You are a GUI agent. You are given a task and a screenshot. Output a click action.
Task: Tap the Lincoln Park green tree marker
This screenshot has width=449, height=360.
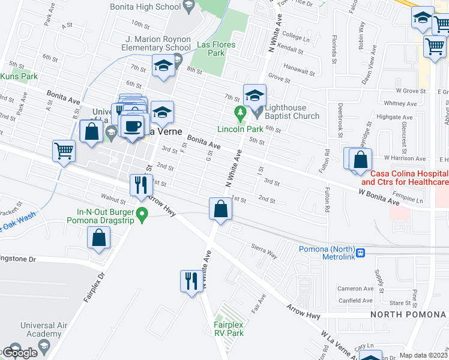tap(240, 112)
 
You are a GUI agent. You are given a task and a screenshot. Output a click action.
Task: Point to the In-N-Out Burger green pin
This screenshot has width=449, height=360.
tap(142, 213)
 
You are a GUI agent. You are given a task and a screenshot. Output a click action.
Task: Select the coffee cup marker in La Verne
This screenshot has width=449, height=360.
tap(133, 125)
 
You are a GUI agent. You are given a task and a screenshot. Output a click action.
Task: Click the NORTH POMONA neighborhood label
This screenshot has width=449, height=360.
tap(408, 314)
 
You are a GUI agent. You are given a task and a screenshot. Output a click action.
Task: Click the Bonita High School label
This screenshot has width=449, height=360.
tap(145, 7)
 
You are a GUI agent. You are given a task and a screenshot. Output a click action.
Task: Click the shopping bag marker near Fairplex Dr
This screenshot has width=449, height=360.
tap(98, 238)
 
